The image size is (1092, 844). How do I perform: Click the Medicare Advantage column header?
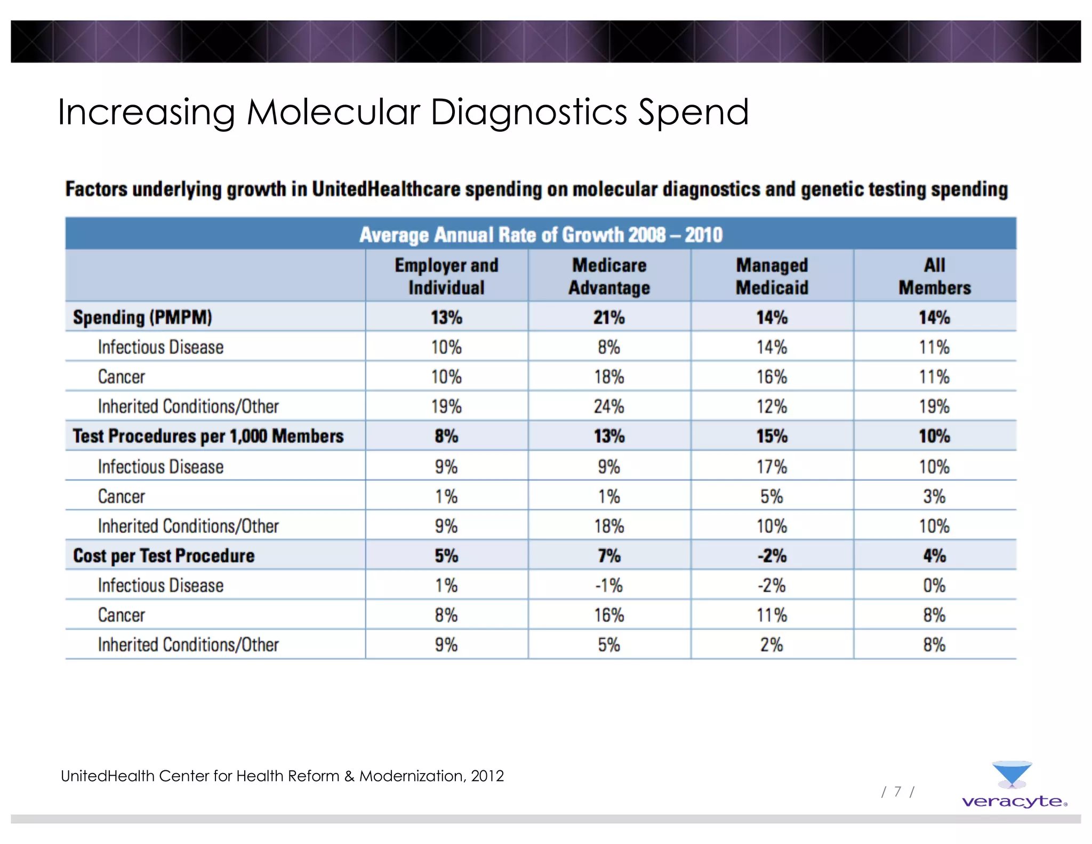(x=609, y=276)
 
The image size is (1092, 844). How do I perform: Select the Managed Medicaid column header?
(x=772, y=276)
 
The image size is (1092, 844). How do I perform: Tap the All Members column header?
(x=934, y=276)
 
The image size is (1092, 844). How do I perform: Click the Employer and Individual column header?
(x=446, y=276)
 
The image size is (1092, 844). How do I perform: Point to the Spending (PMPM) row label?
(x=142, y=317)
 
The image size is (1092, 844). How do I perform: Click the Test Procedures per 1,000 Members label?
(x=208, y=436)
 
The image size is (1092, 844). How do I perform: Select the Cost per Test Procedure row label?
(x=164, y=556)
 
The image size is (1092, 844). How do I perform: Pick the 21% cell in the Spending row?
(x=609, y=318)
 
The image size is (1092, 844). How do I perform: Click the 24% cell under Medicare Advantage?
(x=609, y=407)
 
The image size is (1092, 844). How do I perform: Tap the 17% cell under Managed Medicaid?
(x=772, y=467)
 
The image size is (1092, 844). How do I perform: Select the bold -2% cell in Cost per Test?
(x=772, y=556)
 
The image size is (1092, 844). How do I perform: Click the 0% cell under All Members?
(x=934, y=586)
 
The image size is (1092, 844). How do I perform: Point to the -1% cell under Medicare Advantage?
(x=609, y=586)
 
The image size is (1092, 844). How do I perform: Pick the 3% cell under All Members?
(x=934, y=497)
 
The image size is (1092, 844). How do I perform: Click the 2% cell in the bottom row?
(x=772, y=645)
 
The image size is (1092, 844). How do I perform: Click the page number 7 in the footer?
(x=898, y=792)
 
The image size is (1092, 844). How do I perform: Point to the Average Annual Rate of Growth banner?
(x=541, y=235)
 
